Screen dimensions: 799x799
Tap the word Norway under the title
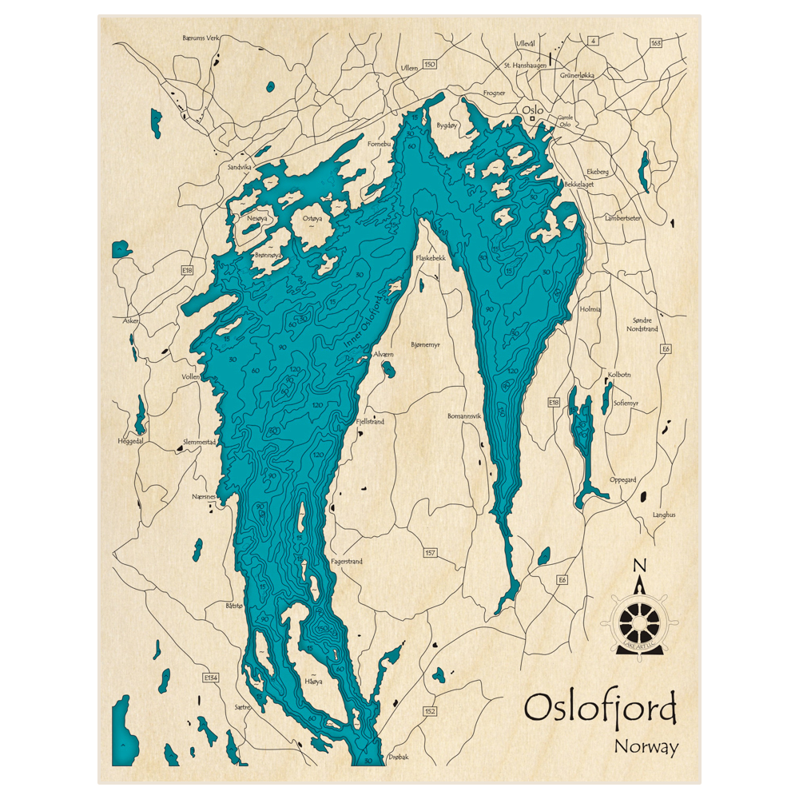click(646, 747)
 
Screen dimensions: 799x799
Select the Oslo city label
click(532, 110)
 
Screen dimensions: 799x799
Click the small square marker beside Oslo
click(533, 120)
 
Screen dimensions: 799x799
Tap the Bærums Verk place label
click(201, 38)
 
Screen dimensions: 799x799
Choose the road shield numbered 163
click(656, 42)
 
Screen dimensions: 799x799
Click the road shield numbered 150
click(430, 64)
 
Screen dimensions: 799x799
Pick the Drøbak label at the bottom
click(397, 756)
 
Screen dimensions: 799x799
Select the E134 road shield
click(211, 678)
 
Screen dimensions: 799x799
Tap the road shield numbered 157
click(430, 552)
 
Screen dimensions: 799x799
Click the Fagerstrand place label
click(346, 562)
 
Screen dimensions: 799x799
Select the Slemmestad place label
click(200, 442)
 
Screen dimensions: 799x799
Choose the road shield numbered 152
click(430, 711)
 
